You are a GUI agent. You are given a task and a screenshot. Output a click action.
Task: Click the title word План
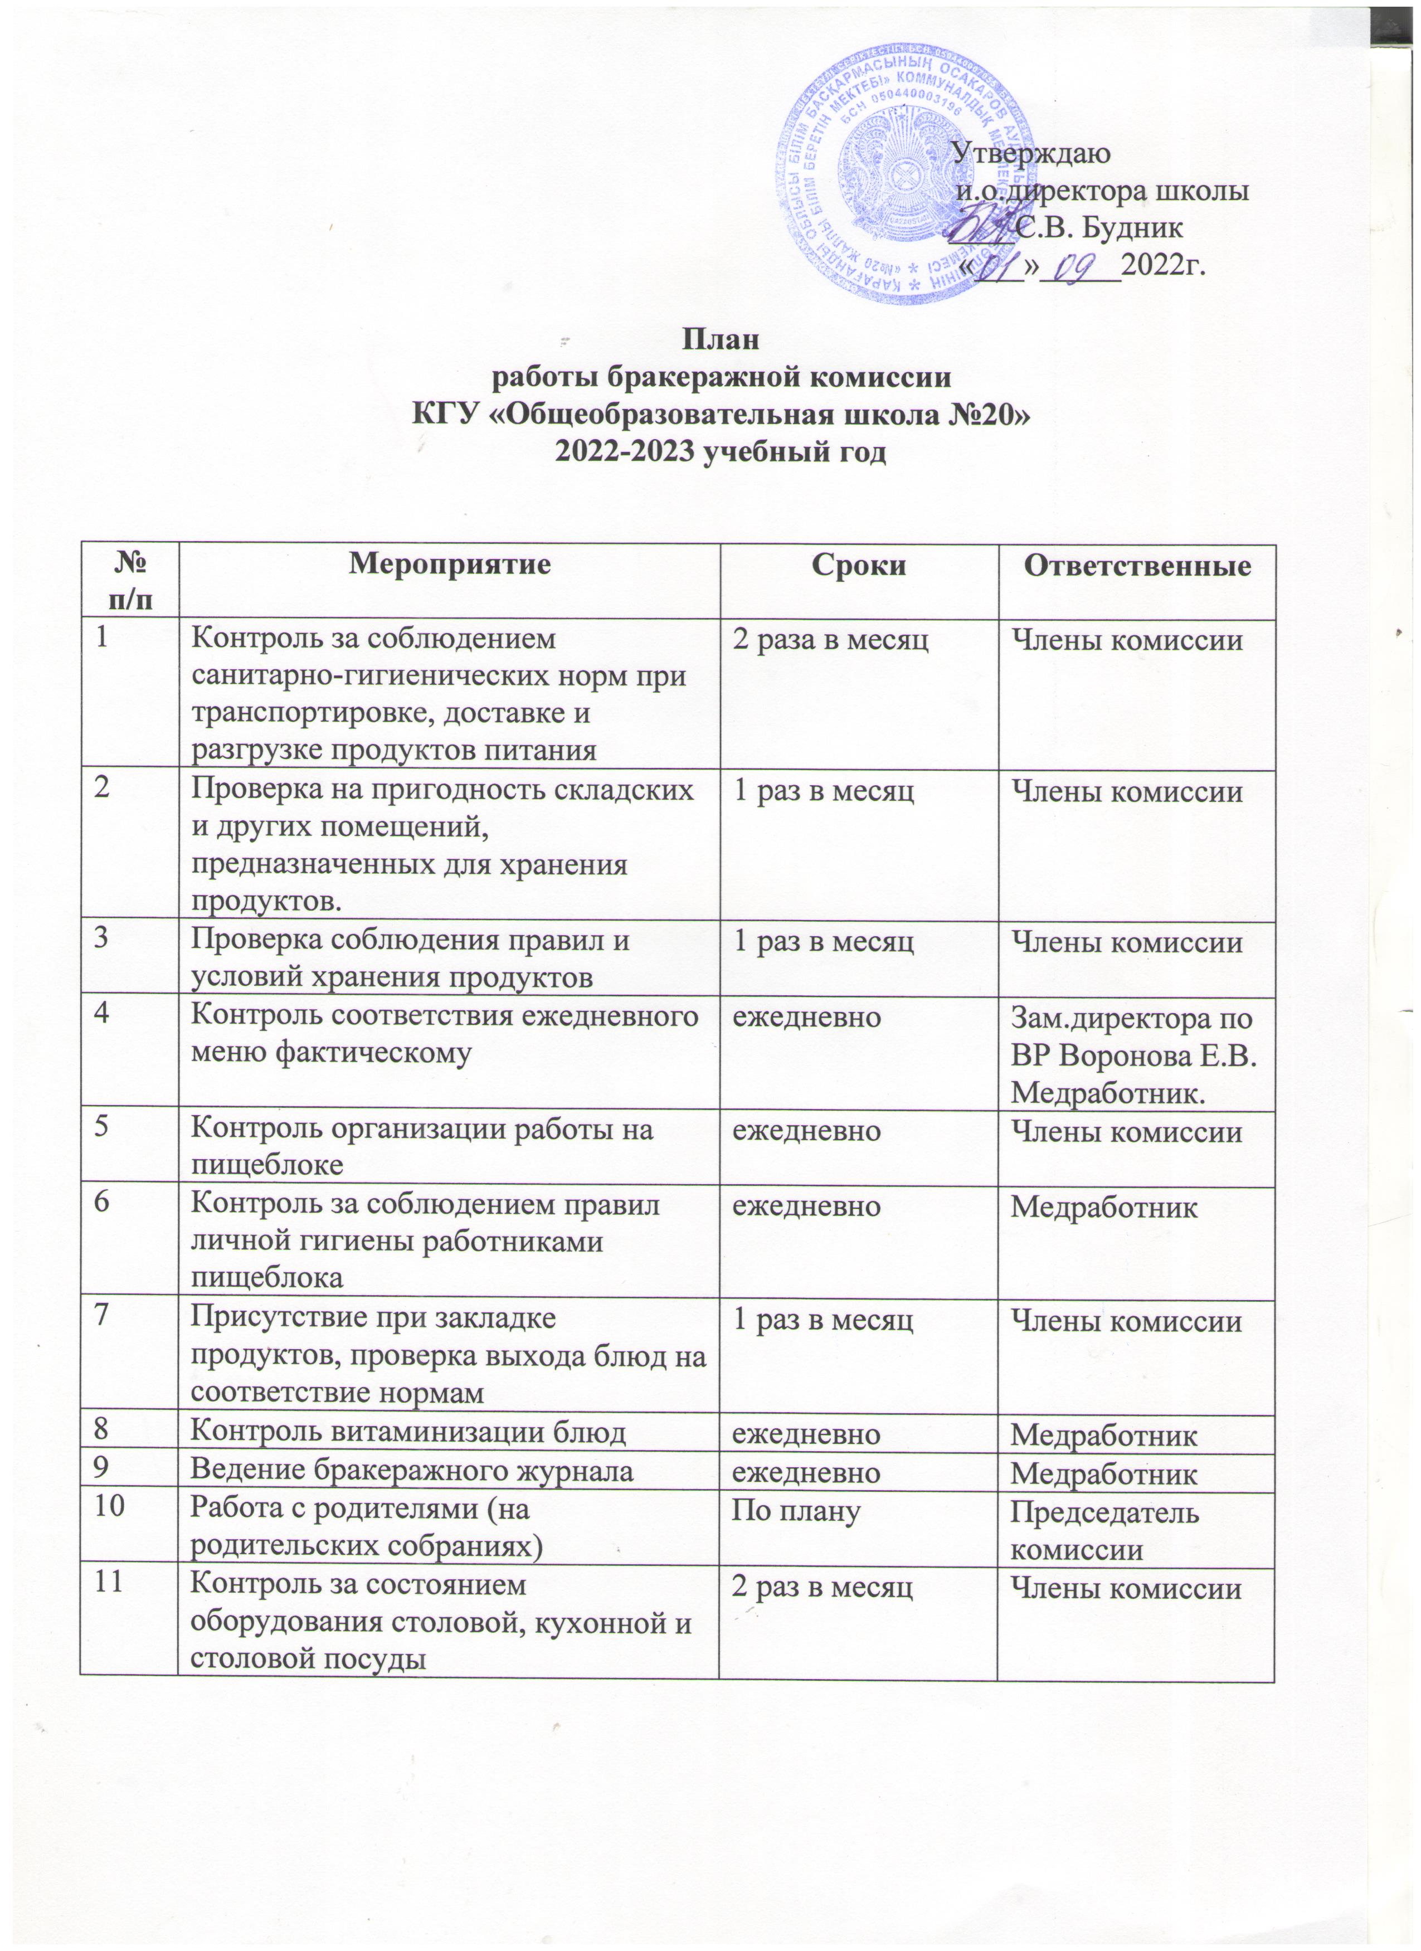(721, 338)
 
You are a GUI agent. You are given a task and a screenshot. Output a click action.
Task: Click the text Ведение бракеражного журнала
(411, 1472)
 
